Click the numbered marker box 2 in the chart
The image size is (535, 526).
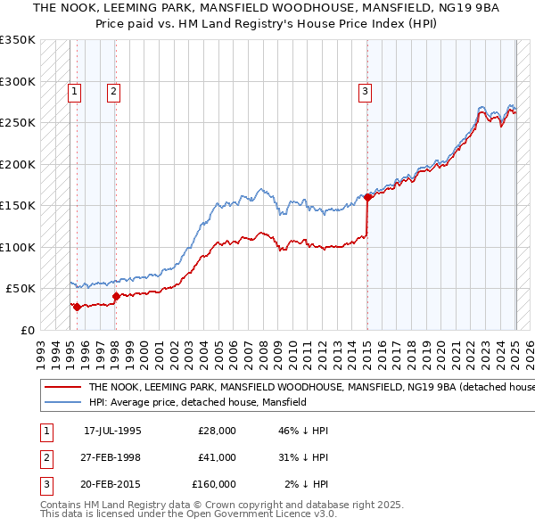[114, 89]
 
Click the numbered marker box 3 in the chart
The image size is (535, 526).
[366, 89]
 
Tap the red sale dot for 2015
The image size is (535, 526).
[367, 197]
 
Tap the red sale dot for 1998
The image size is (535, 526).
[115, 296]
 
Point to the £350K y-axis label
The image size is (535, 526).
[18, 40]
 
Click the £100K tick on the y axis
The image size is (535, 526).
[18, 247]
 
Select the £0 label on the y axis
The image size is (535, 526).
[28, 330]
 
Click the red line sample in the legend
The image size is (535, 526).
[61, 388]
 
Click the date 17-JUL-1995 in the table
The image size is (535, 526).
[112, 431]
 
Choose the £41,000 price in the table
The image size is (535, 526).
[217, 457]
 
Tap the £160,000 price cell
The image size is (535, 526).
[214, 484]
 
